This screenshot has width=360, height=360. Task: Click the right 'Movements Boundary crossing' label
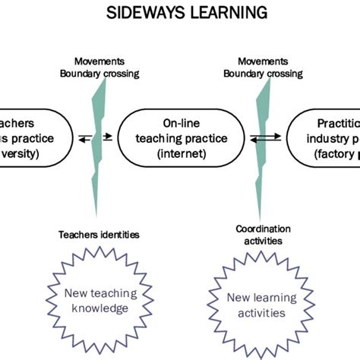coord(270,67)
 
